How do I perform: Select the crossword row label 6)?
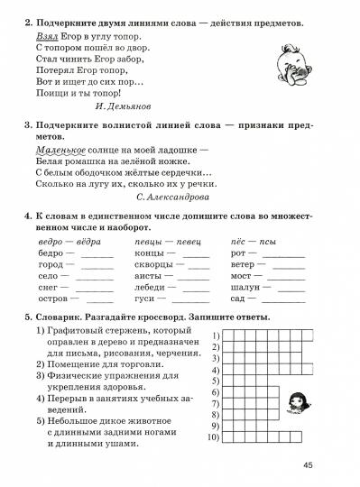[x=216, y=391]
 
